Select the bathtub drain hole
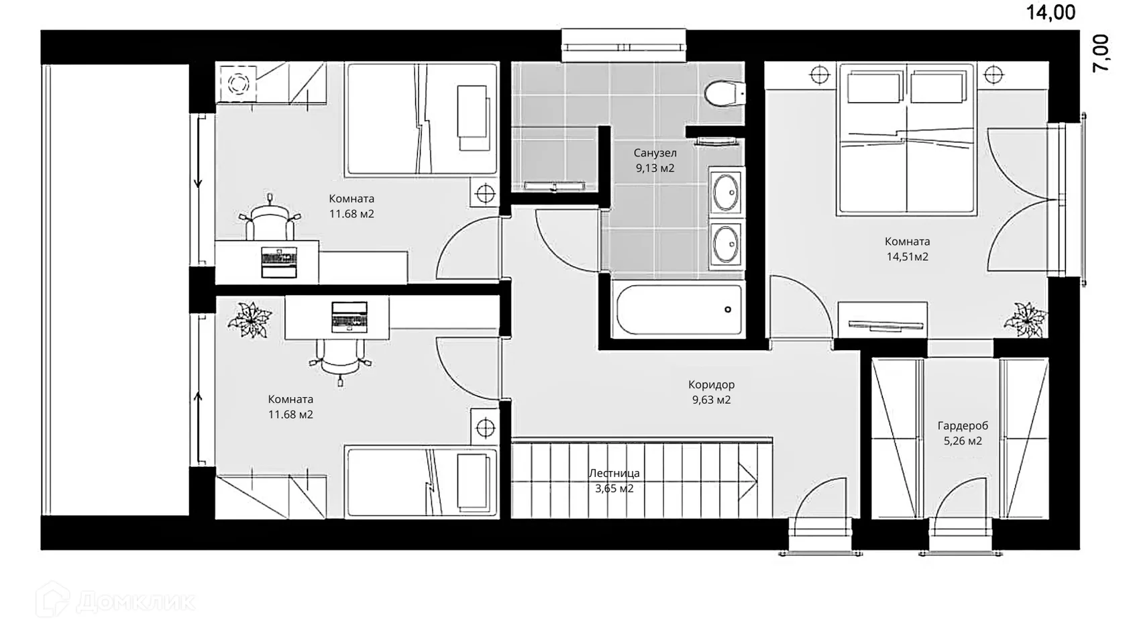point(727,309)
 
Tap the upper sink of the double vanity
point(726,192)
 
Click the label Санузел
point(655,152)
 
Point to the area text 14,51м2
point(907,256)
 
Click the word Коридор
point(711,385)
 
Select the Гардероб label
point(963,425)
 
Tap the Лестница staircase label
point(614,473)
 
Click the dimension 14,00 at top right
point(1051,13)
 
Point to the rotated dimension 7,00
point(1100,54)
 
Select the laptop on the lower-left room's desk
point(349,317)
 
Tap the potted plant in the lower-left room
point(250,319)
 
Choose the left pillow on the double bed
point(875,88)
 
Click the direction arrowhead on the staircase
point(747,482)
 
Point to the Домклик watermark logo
point(115,600)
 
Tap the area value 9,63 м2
point(711,400)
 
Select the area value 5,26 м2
point(963,441)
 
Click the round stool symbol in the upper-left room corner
point(239,83)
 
